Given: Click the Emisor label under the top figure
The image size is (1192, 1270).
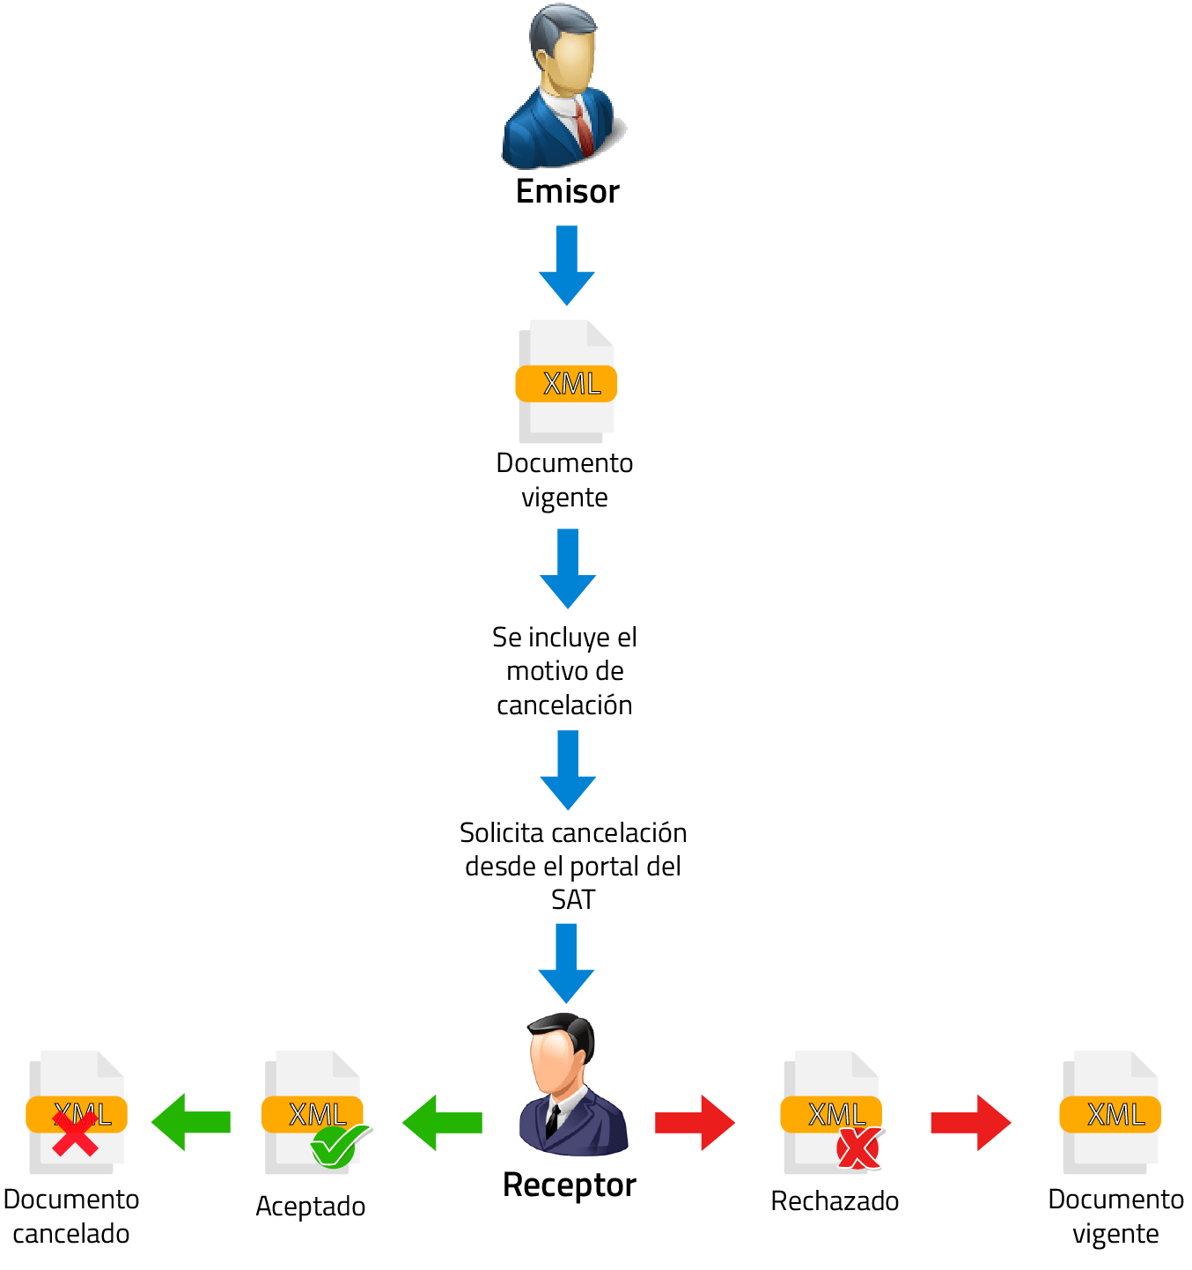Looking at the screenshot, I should click(568, 191).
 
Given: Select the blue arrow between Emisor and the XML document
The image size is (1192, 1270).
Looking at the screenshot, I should click(567, 264).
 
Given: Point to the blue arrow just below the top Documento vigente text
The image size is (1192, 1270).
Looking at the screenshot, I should click(568, 567).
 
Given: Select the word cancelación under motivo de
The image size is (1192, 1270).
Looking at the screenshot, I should click(564, 705).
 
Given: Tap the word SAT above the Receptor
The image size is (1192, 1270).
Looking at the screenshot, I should click(573, 900).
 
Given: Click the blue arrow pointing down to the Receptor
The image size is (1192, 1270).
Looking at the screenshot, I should click(566, 962).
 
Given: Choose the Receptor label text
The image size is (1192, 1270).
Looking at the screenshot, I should click(569, 1185).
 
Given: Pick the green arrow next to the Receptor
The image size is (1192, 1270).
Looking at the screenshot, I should click(442, 1122).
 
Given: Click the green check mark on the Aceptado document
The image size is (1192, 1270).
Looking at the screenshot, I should click(338, 1146).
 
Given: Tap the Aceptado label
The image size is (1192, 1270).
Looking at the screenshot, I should click(311, 1206).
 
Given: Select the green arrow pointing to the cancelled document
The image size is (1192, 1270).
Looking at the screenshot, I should click(191, 1122).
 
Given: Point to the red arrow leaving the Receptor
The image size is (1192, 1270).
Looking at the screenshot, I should click(694, 1122).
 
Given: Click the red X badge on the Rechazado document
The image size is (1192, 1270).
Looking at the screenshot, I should click(858, 1148).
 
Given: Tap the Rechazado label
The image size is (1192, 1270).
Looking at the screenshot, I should click(835, 1201).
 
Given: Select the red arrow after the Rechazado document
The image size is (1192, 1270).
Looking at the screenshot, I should click(970, 1122).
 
